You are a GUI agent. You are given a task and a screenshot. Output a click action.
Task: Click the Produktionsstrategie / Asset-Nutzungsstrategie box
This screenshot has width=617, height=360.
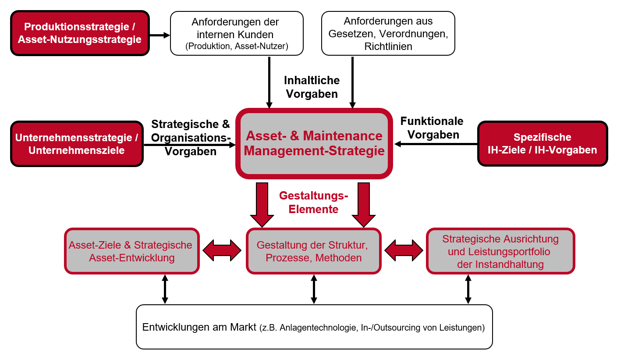pyautogui.click(x=80, y=33)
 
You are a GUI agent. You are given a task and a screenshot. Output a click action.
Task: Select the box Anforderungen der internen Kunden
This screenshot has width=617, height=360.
pyautogui.click(x=237, y=33)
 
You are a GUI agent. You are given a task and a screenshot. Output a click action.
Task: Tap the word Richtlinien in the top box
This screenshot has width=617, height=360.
pyautogui.click(x=388, y=46)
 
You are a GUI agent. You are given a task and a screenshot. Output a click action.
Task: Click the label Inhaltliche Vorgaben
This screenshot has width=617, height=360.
pyautogui.click(x=312, y=87)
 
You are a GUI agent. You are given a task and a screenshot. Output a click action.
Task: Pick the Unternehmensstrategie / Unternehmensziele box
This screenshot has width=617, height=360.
pyautogui.click(x=77, y=144)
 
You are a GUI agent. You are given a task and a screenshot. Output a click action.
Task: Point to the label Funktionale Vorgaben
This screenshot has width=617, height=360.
pyautogui.click(x=432, y=128)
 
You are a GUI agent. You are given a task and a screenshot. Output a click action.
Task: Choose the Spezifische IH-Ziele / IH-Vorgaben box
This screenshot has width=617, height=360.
pyautogui.click(x=543, y=144)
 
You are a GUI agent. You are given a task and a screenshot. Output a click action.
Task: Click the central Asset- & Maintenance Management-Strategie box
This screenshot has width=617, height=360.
pyautogui.click(x=314, y=144)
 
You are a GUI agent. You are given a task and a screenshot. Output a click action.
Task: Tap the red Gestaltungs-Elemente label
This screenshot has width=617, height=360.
pyautogui.click(x=313, y=202)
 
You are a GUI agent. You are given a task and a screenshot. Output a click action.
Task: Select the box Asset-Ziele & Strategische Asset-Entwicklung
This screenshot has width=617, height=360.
pyautogui.click(x=131, y=251)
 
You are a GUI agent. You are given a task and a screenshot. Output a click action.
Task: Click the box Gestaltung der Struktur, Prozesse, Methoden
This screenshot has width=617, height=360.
pyautogui.click(x=313, y=251)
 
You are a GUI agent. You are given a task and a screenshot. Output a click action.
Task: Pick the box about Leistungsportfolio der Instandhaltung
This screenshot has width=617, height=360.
pyautogui.click(x=500, y=251)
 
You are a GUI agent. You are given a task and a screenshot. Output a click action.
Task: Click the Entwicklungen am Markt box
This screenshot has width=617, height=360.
pyautogui.click(x=314, y=327)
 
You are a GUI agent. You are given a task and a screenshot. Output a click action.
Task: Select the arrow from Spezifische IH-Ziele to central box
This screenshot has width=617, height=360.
pyautogui.click(x=436, y=144)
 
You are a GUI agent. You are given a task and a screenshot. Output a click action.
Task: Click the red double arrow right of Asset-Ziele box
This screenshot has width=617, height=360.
pyautogui.click(x=222, y=250)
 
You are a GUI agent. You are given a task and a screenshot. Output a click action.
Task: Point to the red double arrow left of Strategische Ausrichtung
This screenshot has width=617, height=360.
pyautogui.click(x=404, y=250)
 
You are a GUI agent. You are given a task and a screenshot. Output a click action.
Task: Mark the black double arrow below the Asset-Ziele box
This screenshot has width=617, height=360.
pyautogui.click(x=165, y=289)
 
